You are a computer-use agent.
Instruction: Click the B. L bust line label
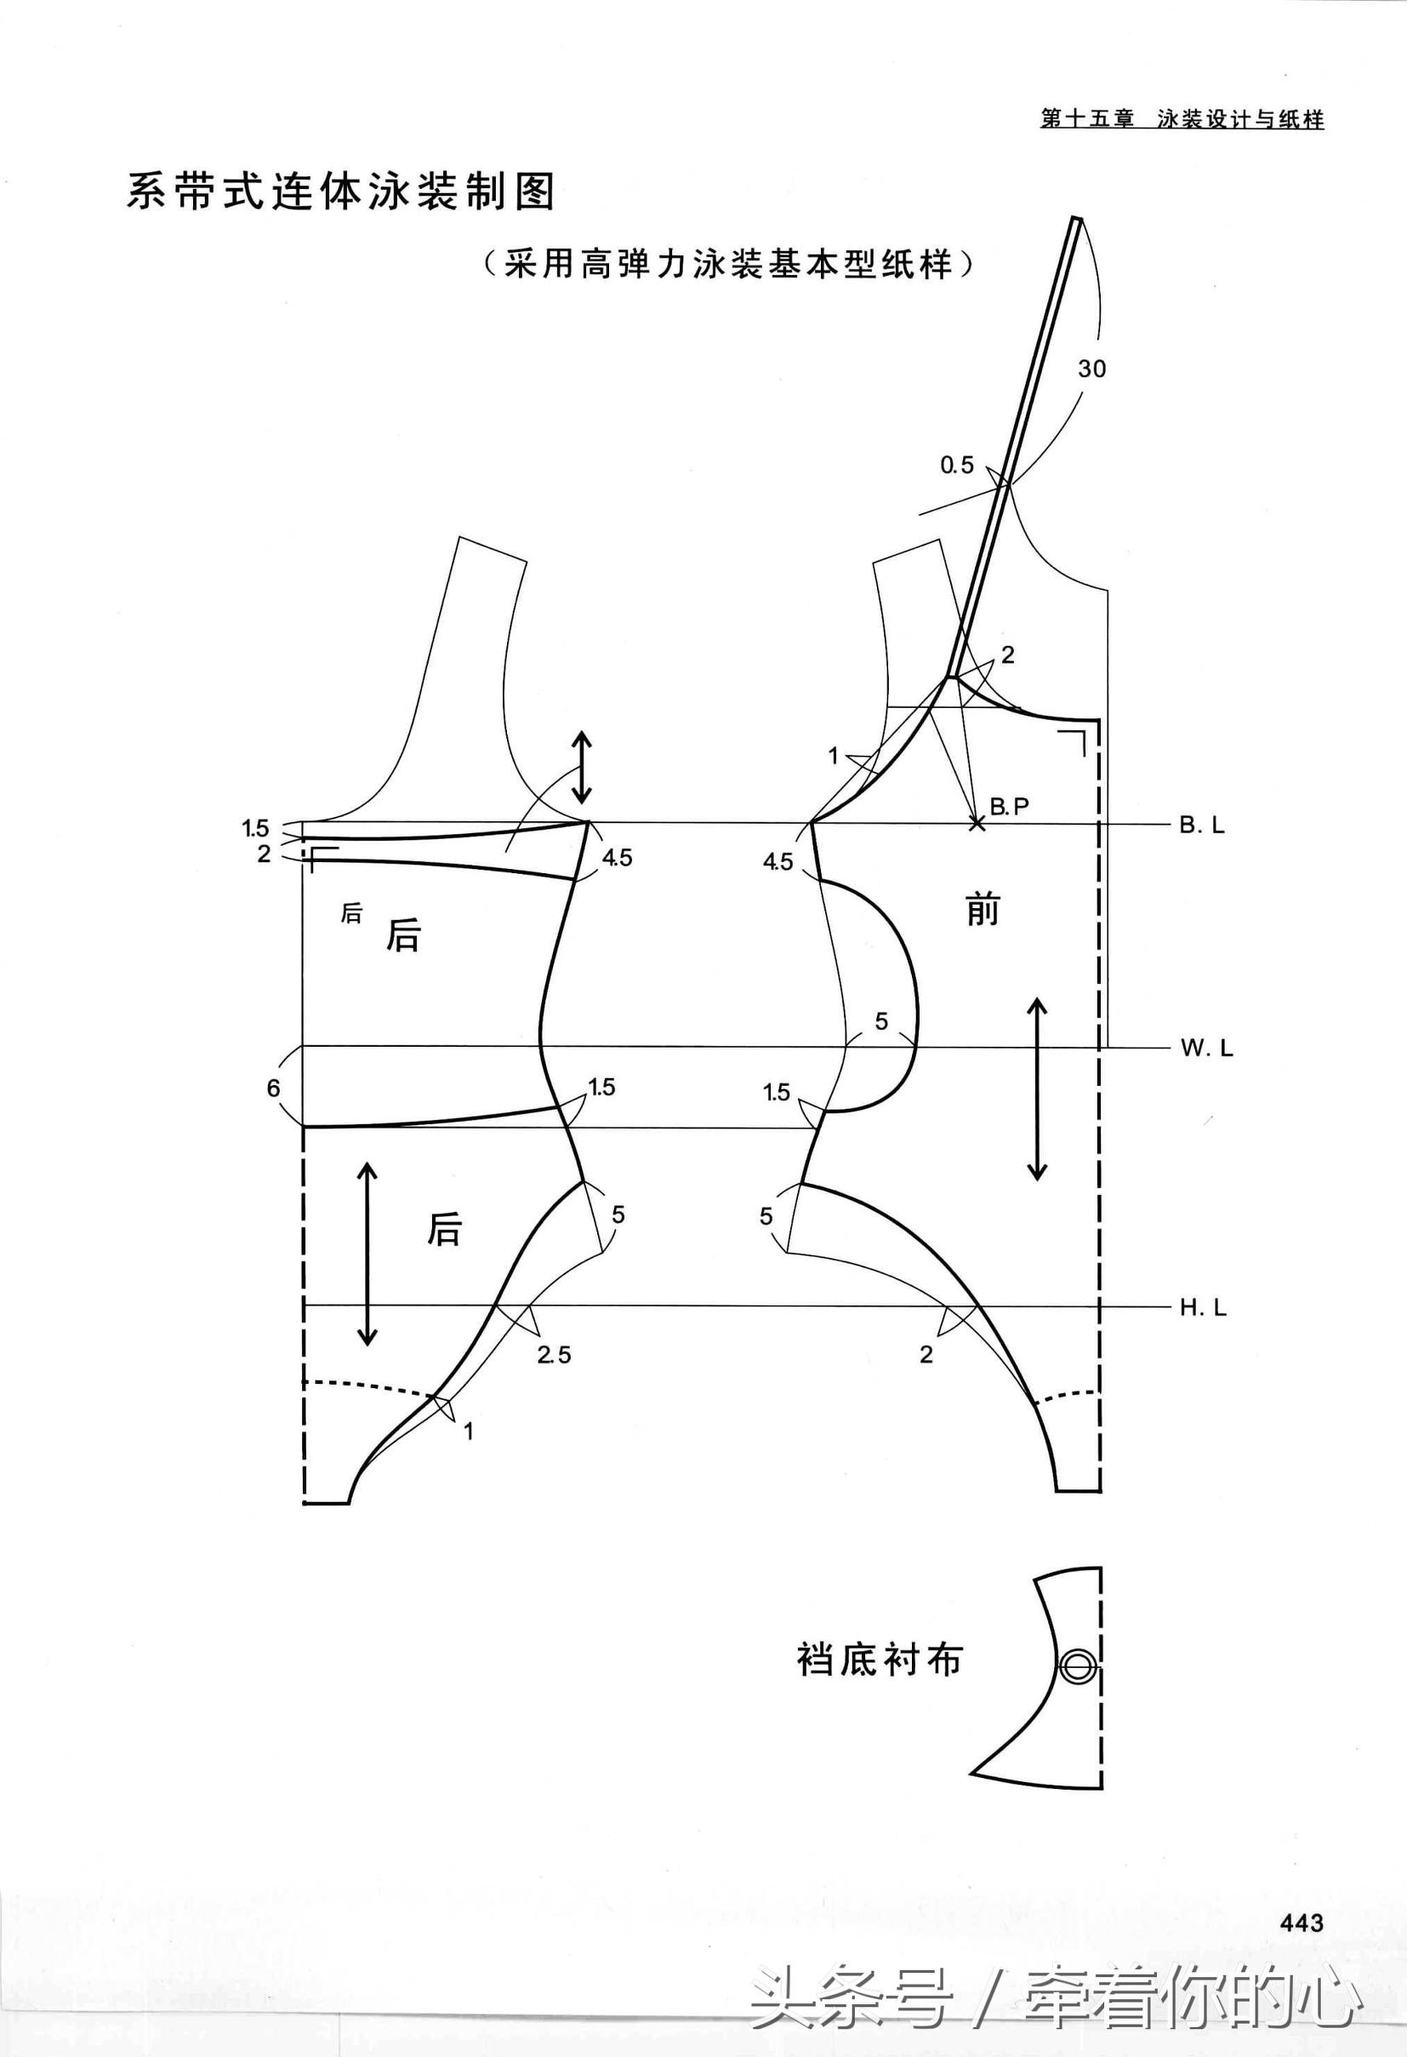pos(1202,825)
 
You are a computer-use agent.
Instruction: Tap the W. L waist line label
pos(1205,1048)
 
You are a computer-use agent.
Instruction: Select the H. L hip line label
pos(1203,1307)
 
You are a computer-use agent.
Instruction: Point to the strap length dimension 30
pos(1092,369)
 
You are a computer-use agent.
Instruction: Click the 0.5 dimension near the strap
pos(957,465)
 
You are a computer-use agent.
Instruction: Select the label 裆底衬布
pos(879,1660)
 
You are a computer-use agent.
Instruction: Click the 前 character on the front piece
pos(983,910)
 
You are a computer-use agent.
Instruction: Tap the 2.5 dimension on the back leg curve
pos(554,1354)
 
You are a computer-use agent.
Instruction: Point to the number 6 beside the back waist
pos(273,1088)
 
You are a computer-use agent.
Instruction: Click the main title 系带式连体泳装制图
pos(340,191)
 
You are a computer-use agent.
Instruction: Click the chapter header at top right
pos(1182,119)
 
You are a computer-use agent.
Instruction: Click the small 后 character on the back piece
pos(351,913)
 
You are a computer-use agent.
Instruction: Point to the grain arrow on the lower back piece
pos(367,1254)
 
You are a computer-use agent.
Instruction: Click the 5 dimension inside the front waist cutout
pos(881,1021)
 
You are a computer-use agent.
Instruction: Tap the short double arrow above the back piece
pos(581,767)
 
